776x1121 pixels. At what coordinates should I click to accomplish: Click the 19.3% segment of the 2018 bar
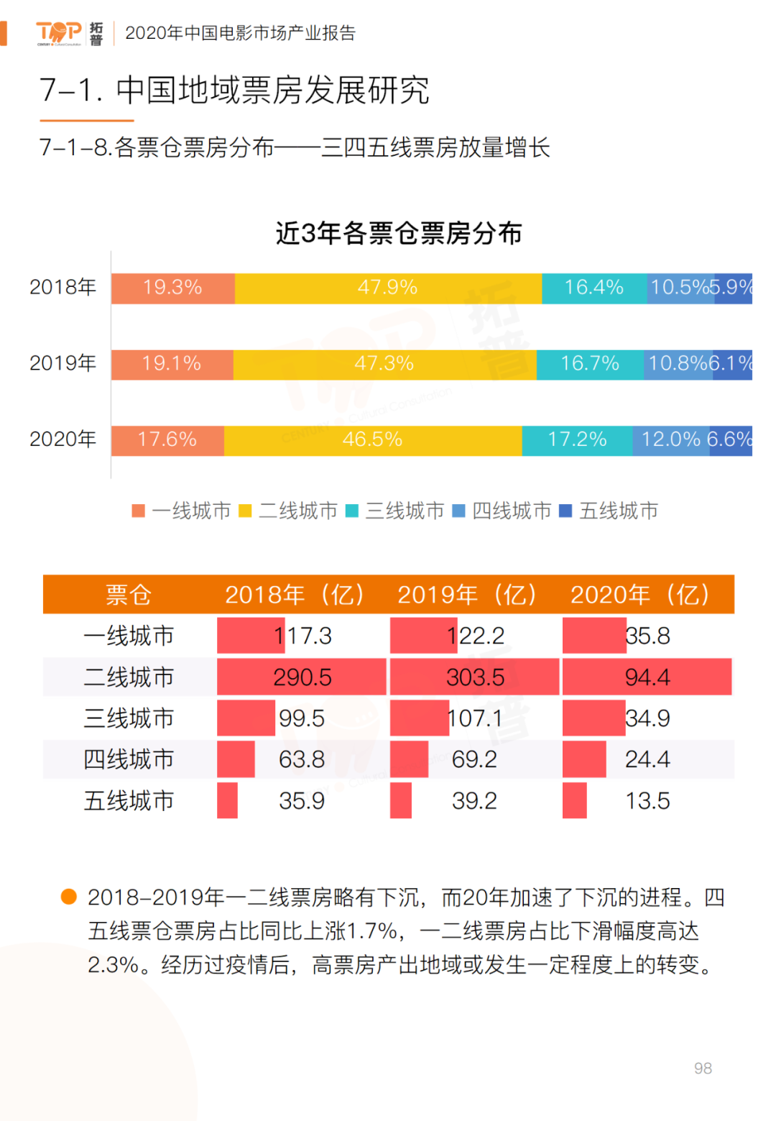[172, 288]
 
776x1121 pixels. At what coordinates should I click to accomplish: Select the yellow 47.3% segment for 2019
[384, 364]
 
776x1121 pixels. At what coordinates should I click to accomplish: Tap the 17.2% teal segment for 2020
[577, 440]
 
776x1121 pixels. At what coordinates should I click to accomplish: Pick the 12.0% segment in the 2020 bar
[670, 440]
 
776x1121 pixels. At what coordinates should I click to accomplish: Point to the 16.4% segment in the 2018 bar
[593, 288]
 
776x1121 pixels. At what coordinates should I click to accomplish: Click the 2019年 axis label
[63, 363]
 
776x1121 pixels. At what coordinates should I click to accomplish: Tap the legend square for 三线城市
[352, 511]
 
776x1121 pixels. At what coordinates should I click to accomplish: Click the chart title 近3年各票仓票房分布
[399, 234]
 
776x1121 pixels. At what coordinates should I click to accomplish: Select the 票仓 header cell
[129, 595]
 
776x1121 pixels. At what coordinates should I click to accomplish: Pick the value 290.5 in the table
[302, 677]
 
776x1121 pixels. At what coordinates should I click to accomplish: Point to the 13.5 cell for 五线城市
[647, 801]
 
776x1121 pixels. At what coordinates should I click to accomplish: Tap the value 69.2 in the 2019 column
[474, 759]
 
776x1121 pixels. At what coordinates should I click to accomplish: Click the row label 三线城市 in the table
[129, 718]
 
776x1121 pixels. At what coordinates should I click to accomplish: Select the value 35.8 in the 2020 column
[647, 636]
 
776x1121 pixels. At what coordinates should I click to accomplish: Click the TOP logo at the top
[59, 32]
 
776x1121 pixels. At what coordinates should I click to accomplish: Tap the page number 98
[703, 1069]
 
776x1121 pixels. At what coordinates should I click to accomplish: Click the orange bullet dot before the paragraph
[69, 897]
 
